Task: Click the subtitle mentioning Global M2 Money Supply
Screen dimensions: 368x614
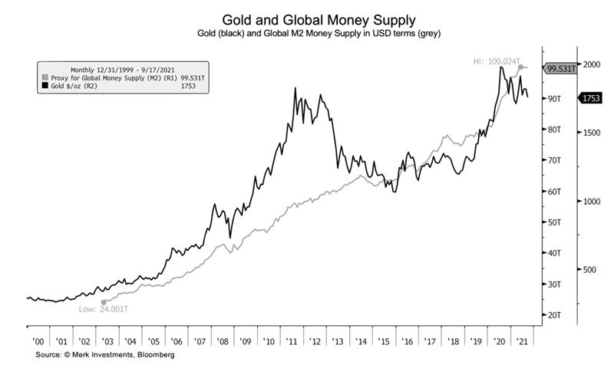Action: [319, 34]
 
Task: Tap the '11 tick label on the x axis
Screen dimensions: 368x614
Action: [292, 340]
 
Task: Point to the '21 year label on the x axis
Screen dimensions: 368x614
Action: [523, 340]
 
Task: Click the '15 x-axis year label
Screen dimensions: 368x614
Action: [384, 340]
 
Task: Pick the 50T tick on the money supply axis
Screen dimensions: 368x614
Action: [552, 222]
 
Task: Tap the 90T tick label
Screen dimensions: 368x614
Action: [552, 99]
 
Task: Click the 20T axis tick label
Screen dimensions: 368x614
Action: [552, 315]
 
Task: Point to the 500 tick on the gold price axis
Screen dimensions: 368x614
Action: [589, 270]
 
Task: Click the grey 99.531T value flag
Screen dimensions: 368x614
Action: [562, 69]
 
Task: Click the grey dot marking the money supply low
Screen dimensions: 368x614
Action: [104, 302]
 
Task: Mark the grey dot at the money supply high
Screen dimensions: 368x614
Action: [521, 67]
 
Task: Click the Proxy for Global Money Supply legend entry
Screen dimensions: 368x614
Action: [107, 77]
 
